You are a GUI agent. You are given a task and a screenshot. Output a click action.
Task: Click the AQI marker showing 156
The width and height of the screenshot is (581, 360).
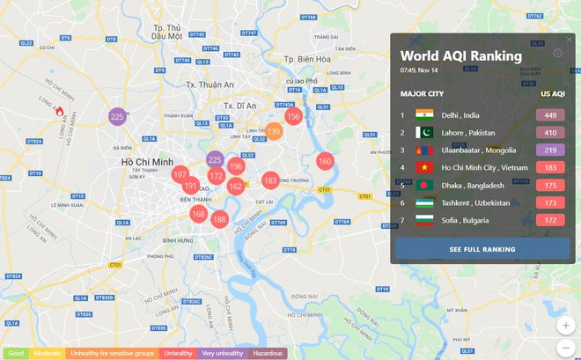point(293,116)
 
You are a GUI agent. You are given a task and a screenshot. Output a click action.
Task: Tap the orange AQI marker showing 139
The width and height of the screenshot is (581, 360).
point(274,132)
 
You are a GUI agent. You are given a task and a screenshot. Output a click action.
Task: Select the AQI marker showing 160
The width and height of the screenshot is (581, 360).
point(325,161)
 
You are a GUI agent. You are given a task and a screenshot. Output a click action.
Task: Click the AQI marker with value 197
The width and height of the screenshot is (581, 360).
point(180,175)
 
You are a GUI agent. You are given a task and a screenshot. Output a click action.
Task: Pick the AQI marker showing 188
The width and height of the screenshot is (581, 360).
point(219,219)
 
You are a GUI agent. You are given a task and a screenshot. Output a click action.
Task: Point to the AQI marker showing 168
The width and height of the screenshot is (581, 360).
point(199,214)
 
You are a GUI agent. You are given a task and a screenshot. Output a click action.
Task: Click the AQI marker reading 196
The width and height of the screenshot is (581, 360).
point(236,166)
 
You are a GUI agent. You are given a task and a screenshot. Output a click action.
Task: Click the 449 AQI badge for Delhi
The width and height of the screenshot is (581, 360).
point(550,115)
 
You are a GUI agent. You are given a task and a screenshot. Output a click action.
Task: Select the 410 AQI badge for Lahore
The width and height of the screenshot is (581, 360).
point(550,133)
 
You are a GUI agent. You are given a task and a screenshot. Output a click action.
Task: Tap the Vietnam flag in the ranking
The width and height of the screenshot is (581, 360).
point(425,167)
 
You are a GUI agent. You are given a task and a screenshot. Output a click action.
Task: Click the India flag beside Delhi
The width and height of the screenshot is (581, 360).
point(425,115)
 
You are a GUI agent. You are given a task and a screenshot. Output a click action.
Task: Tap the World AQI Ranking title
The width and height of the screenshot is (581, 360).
point(460,56)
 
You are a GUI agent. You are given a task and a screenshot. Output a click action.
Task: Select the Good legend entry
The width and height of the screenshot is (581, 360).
point(13,354)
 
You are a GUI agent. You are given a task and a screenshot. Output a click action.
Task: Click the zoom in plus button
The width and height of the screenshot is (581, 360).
point(566,326)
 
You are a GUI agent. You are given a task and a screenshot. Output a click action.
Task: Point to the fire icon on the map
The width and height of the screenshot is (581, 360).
point(60,112)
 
